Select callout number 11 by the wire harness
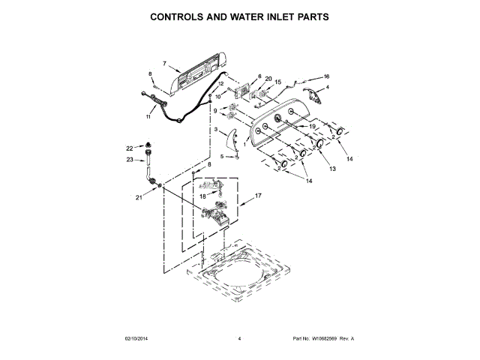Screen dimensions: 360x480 pyautogui.click(x=148, y=117)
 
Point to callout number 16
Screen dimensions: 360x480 pyautogui.click(x=327, y=76)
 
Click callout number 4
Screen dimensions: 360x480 pyautogui.click(x=327, y=88)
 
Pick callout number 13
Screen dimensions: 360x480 pyautogui.click(x=332, y=169)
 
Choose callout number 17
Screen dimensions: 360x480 pyautogui.click(x=258, y=196)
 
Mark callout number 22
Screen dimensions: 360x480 pyautogui.click(x=128, y=148)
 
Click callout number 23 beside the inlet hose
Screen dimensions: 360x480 pyautogui.click(x=129, y=160)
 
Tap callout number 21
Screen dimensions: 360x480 pyautogui.click(x=139, y=198)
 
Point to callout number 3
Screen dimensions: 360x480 pyautogui.click(x=216, y=130)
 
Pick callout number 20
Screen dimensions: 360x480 pyautogui.click(x=268, y=79)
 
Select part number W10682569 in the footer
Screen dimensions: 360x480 pyautogui.click(x=324, y=339)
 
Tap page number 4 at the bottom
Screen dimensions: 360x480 pyautogui.click(x=239, y=339)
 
